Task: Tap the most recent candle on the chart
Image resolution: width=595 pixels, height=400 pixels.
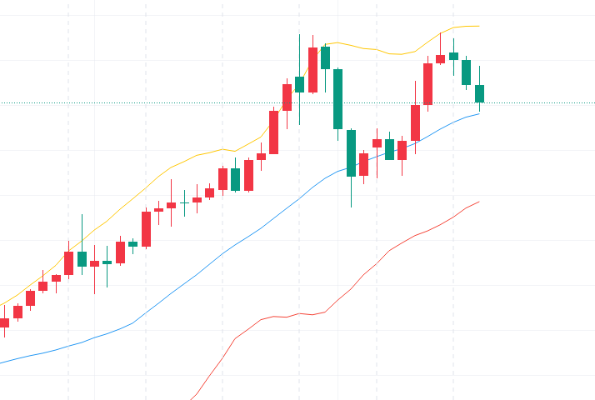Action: pyautogui.click(x=479, y=93)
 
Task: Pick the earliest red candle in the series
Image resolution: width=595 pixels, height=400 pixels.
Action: pyautogui.click(x=4, y=322)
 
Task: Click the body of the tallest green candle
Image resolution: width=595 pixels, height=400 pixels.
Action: pyautogui.click(x=338, y=98)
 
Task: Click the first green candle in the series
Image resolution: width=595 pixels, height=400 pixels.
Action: pyautogui.click(x=82, y=258)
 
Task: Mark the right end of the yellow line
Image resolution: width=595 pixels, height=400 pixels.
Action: pyautogui.click(x=479, y=26)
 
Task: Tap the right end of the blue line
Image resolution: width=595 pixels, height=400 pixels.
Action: pyautogui.click(x=479, y=113)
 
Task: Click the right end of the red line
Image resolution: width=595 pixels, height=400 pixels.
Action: pyautogui.click(x=479, y=202)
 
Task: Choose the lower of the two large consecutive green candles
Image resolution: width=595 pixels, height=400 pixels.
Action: pyautogui.click(x=351, y=152)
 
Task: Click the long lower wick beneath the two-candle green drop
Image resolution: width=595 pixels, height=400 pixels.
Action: pyautogui.click(x=351, y=192)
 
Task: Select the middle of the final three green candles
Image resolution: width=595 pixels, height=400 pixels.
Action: pyautogui.click(x=467, y=72)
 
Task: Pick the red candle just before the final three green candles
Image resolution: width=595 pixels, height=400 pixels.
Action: pyautogui.click(x=441, y=58)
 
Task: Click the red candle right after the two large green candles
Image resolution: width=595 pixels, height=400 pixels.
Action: pyautogui.click(x=363, y=164)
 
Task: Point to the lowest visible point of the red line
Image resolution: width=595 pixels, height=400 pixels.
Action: pyautogui.click(x=192, y=398)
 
